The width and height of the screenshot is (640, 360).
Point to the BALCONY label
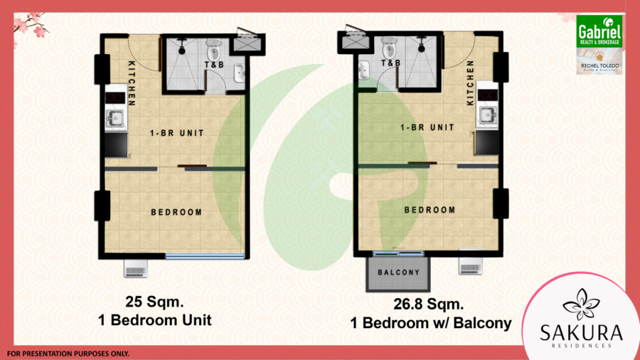[x=398, y=272]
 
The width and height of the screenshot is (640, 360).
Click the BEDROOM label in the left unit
[x=176, y=212]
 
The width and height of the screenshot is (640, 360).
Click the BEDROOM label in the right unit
[x=430, y=210]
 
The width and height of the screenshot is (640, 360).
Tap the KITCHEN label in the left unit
[x=132, y=83]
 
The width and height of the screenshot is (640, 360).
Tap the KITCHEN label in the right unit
[x=470, y=83]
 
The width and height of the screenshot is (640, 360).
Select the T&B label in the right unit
[x=390, y=63]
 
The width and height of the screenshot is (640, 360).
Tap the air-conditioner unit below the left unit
[x=135, y=269]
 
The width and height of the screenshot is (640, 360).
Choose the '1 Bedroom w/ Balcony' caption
[x=430, y=324]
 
